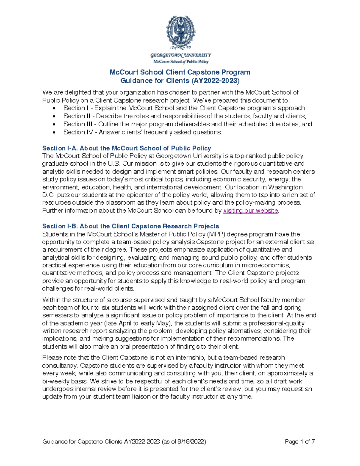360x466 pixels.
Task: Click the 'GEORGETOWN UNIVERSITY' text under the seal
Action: pyautogui.click(x=181, y=55)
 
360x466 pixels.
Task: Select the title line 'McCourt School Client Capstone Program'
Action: pyautogui.click(x=180, y=72)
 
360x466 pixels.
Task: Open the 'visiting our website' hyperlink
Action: pyautogui.click(x=251, y=211)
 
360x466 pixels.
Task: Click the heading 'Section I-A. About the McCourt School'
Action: pyautogui.click(x=127, y=148)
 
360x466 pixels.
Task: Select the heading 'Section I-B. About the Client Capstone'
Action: pyautogui.click(x=130, y=226)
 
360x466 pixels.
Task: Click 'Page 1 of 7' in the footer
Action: pyautogui.click(x=300, y=442)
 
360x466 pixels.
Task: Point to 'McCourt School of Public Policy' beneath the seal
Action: pyautogui.click(x=181, y=62)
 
